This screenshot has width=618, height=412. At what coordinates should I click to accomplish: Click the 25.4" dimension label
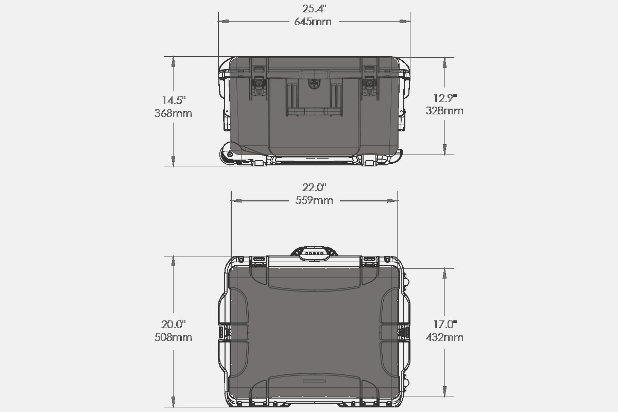click(x=314, y=9)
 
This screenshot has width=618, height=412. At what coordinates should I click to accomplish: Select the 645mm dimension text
click(x=313, y=22)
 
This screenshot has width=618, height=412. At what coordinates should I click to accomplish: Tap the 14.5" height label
click(x=174, y=100)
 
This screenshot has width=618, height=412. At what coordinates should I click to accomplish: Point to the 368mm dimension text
click(x=173, y=113)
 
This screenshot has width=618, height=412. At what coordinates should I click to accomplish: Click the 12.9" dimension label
click(x=445, y=98)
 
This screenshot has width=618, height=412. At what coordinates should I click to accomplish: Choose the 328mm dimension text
click(x=444, y=111)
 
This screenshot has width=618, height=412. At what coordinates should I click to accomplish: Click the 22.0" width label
click(x=314, y=187)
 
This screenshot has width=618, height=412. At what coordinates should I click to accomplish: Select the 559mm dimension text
click(x=314, y=200)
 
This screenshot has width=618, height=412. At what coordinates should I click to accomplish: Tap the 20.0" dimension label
click(x=173, y=324)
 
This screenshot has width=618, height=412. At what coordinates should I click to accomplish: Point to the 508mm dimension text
click(x=173, y=337)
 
